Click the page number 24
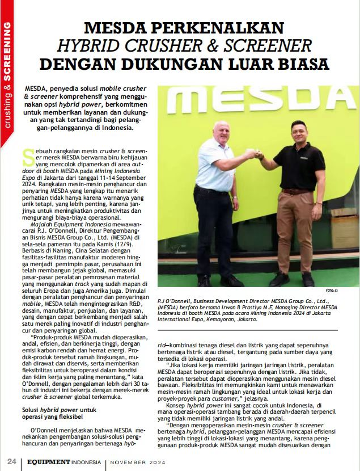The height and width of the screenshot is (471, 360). [x=11, y=461]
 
